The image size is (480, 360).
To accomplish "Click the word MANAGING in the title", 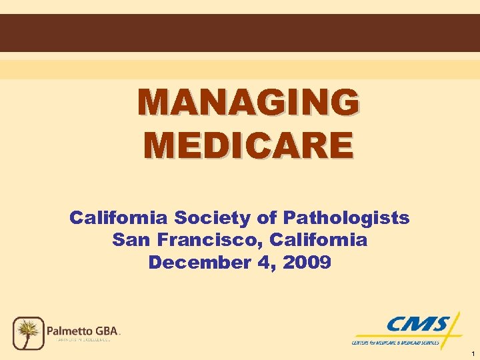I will [248, 103].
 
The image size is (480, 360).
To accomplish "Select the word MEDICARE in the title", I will [248, 145].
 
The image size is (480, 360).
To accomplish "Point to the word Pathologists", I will [347, 218].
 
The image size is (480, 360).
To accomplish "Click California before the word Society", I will [119, 218].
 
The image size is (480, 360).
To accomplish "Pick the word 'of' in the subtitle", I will [269, 218].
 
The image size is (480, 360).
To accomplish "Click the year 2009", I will [307, 262].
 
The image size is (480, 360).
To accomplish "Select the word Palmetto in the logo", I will [71, 330].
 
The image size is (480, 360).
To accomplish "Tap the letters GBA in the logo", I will [108, 330].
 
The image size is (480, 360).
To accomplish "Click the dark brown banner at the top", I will [240, 33].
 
